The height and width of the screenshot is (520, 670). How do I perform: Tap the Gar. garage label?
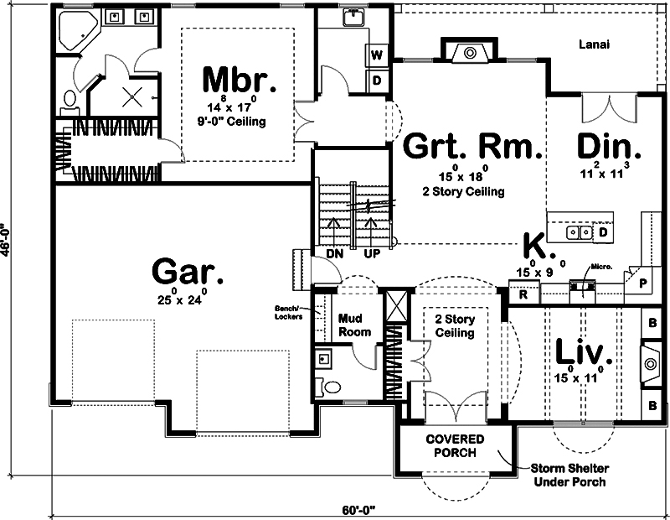click(188, 273)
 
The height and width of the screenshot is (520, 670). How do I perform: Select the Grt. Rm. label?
click(469, 146)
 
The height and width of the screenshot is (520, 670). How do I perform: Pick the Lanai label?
click(593, 44)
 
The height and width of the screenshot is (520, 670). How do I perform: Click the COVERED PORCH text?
click(451, 446)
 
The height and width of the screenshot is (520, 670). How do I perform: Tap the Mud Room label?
click(353, 325)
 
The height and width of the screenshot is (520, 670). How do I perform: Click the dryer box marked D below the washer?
click(377, 81)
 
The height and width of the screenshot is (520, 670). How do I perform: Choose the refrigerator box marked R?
click(523, 294)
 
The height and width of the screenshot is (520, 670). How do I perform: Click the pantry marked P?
click(643, 283)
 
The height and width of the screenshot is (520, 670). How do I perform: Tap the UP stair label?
click(372, 252)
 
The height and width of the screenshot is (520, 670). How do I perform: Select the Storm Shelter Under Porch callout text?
click(568, 476)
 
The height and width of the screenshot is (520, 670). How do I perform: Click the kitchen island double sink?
click(578, 231)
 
